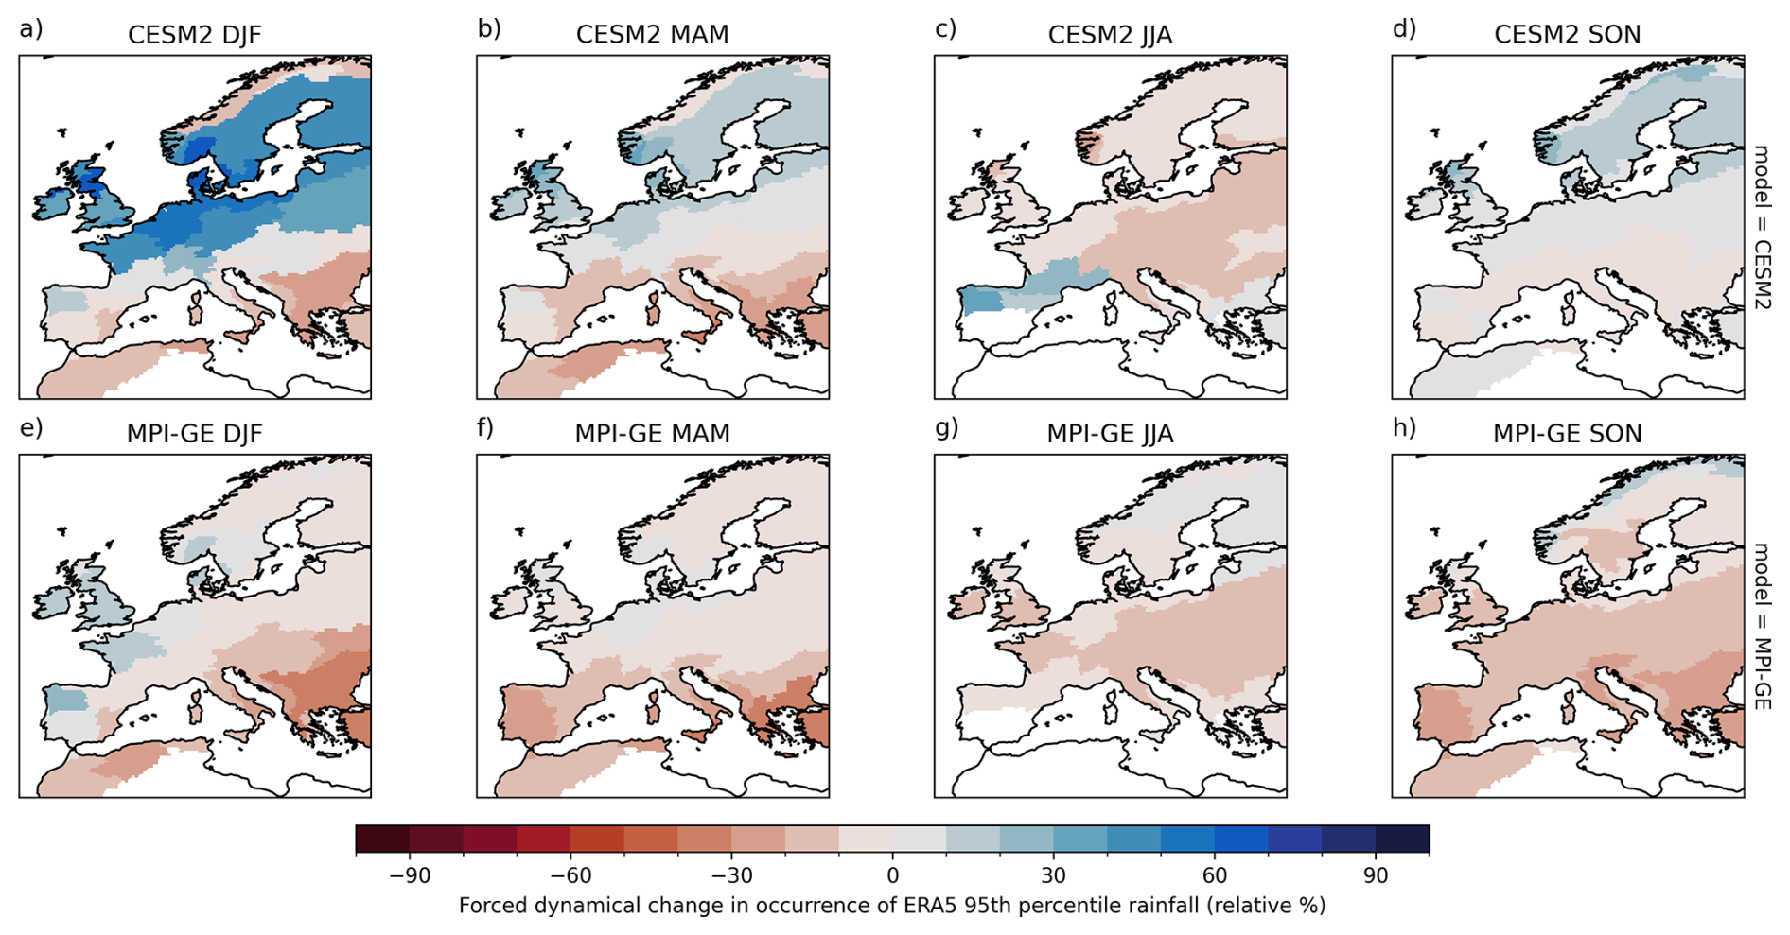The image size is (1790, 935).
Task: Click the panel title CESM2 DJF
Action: (194, 35)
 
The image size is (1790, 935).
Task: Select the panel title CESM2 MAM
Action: (652, 35)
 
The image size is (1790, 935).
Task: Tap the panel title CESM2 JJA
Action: (1110, 35)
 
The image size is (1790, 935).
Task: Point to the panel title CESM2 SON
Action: (1567, 35)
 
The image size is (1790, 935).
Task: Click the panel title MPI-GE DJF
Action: (194, 434)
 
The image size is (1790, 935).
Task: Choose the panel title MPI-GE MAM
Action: (652, 434)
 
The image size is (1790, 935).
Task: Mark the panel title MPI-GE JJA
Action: (1110, 434)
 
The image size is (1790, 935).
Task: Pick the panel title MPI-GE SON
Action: (1567, 434)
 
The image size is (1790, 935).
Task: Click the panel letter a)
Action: (31, 29)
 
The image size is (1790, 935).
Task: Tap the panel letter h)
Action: (1404, 428)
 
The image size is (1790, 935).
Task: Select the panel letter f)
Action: (485, 428)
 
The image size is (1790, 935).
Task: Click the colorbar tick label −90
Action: (410, 876)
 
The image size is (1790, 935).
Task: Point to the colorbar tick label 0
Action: (892, 876)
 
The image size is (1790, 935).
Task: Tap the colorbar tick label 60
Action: (1215, 876)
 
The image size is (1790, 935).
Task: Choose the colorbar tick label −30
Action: (731, 876)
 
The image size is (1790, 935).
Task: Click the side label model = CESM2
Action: (1761, 226)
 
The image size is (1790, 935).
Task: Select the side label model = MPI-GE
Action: (1761, 625)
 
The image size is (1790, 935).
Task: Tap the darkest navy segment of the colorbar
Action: (1402, 840)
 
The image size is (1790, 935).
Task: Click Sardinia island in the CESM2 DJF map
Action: (197, 309)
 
